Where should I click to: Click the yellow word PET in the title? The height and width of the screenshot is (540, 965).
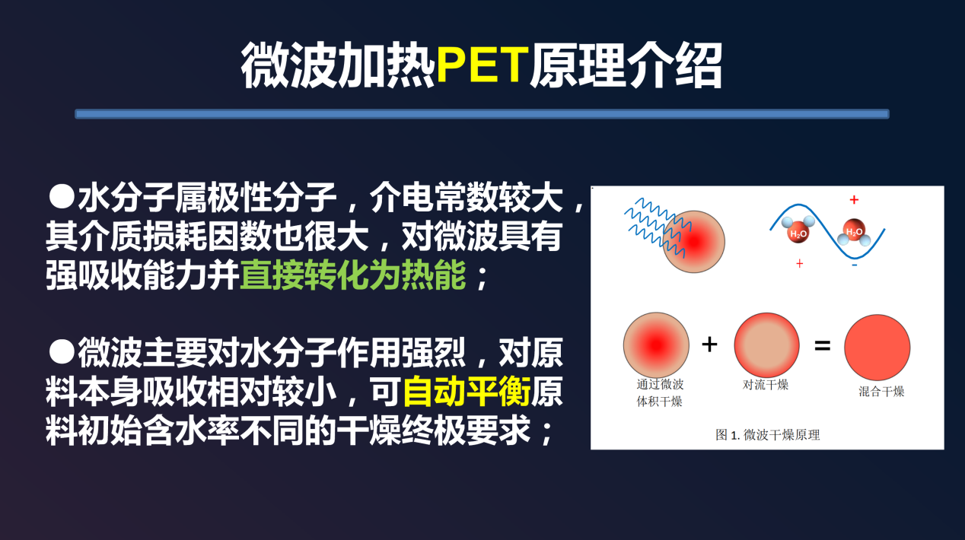click(482, 65)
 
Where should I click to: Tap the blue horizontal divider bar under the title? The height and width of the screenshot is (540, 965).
click(482, 114)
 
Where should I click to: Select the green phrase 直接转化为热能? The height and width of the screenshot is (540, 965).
click(353, 275)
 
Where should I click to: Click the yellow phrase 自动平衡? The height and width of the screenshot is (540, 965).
click(467, 392)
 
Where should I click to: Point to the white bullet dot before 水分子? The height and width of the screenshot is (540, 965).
click(62, 197)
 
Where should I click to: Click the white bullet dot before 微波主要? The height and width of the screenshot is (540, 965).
click(62, 351)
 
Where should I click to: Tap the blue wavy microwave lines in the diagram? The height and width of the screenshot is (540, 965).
click(657, 227)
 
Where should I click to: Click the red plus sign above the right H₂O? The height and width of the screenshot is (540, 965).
click(854, 200)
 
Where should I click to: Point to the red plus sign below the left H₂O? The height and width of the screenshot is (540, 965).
click(800, 264)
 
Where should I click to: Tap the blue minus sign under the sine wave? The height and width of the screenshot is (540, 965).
click(855, 265)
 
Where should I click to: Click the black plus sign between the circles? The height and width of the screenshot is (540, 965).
click(709, 345)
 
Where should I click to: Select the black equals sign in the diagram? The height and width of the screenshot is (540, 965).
click(823, 345)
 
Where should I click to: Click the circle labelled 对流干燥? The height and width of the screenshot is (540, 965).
click(767, 345)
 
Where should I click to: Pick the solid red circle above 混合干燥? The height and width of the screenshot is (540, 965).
click(877, 348)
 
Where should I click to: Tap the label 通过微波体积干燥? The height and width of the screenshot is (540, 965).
click(660, 392)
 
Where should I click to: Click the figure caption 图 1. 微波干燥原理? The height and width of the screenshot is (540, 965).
click(768, 435)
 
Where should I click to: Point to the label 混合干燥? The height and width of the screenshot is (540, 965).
click(881, 392)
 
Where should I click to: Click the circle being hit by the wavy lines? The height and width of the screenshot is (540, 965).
click(693, 242)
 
